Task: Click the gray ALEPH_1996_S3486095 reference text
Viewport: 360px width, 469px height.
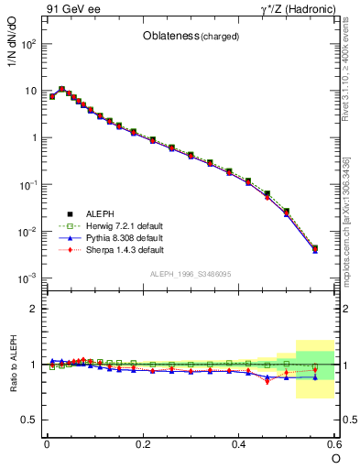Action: click(189, 274)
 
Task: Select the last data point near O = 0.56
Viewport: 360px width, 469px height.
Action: click(315, 247)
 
